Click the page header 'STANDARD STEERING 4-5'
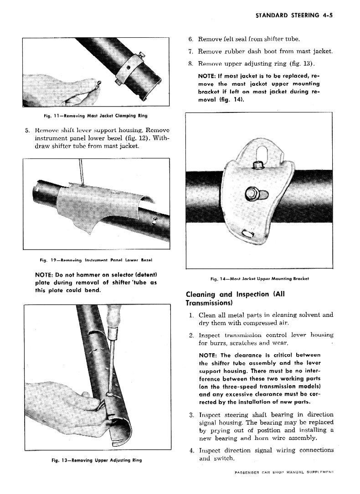[x=294, y=15]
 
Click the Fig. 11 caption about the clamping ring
[x=96, y=116]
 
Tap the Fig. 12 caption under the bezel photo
[x=96, y=260]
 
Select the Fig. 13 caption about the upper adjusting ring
[x=97, y=460]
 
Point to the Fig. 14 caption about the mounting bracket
[x=259, y=279]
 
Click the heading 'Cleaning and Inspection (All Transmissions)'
[x=235, y=298]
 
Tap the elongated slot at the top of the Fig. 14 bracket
[x=260, y=154]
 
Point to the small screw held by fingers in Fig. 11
[x=99, y=84]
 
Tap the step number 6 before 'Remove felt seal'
[x=190, y=39]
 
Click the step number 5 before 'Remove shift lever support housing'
[x=28, y=130]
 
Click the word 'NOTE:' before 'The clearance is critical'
[x=208, y=356]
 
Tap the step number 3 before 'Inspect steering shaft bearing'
[x=191, y=415]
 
